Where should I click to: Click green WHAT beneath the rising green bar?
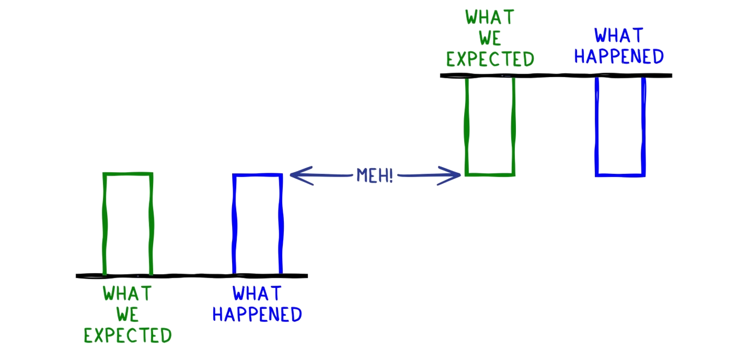(x=127, y=294)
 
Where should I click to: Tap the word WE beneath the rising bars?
(x=127, y=315)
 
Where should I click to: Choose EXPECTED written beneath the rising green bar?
(x=127, y=335)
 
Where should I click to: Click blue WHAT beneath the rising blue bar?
(x=257, y=294)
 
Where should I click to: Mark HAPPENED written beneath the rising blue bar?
(x=257, y=314)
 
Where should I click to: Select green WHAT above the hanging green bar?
(x=489, y=17)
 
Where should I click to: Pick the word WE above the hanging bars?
(x=489, y=38)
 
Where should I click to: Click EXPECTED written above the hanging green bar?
(x=490, y=59)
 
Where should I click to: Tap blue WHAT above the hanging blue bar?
(x=619, y=36)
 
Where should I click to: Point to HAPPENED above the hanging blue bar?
(x=619, y=57)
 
